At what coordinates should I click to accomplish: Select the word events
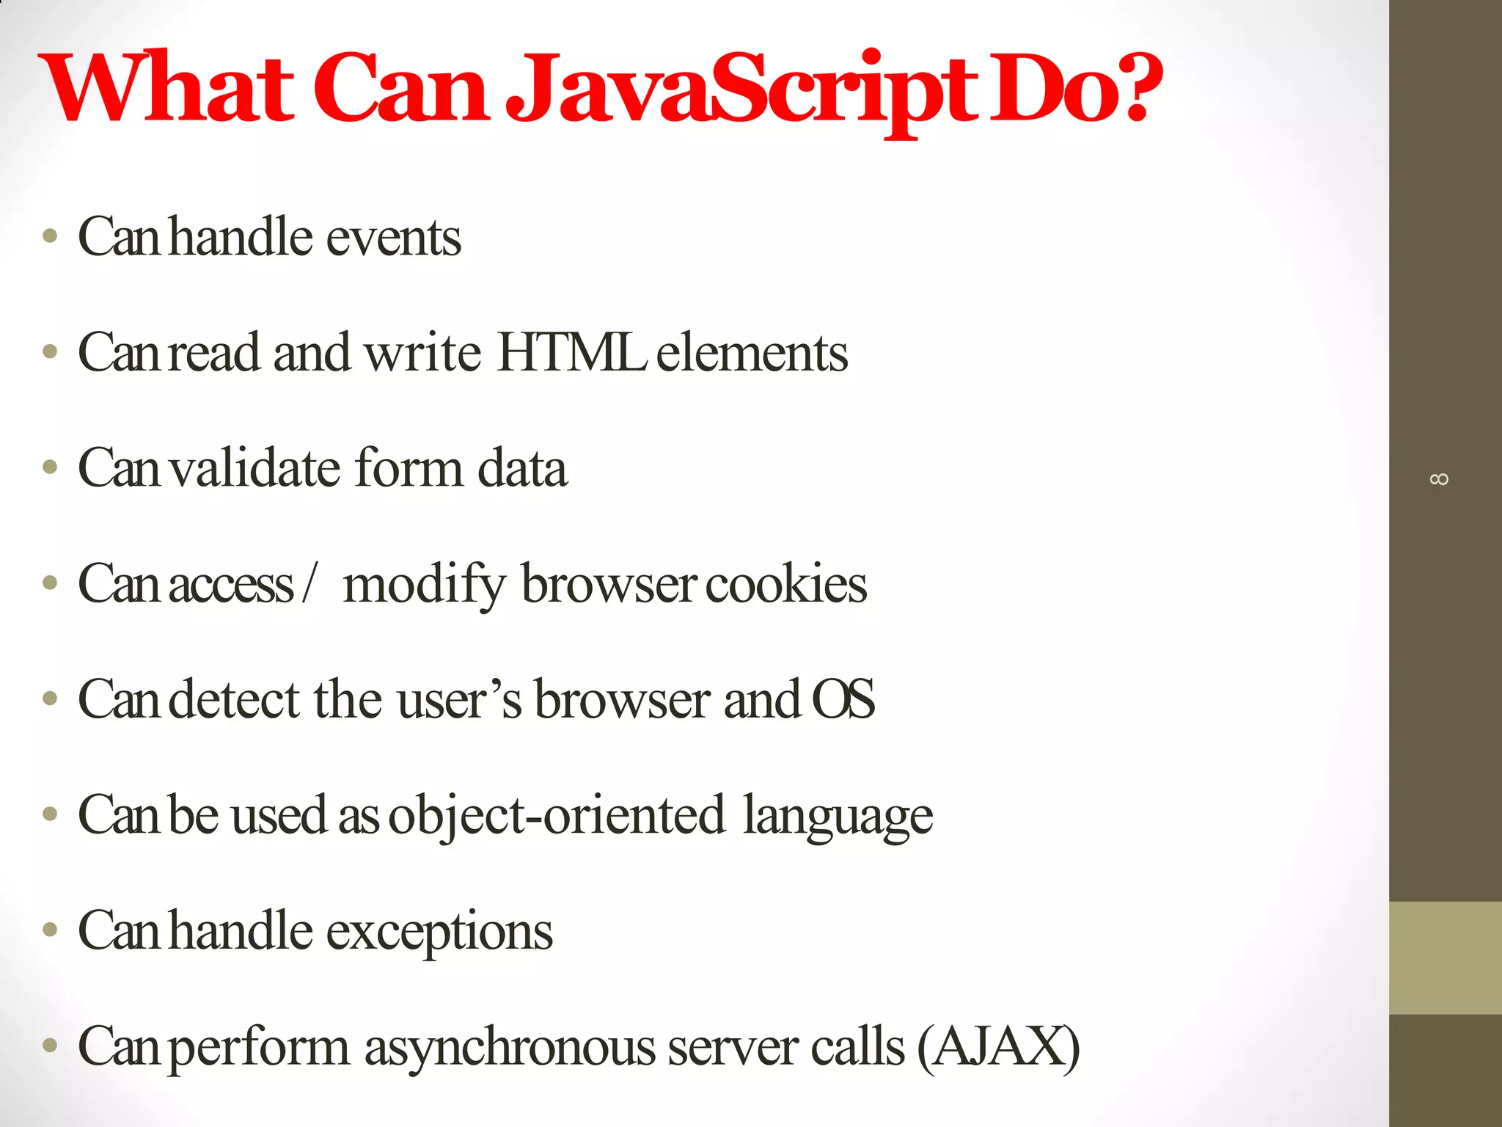pos(393,238)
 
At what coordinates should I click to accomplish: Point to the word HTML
pos(571,353)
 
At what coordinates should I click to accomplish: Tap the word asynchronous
pos(510,1048)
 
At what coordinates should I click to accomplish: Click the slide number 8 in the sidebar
pos(1439,479)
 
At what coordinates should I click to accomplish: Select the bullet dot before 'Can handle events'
pos(50,236)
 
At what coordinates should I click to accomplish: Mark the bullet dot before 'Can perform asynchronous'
pos(50,1045)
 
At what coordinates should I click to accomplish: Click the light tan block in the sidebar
pos(1445,958)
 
